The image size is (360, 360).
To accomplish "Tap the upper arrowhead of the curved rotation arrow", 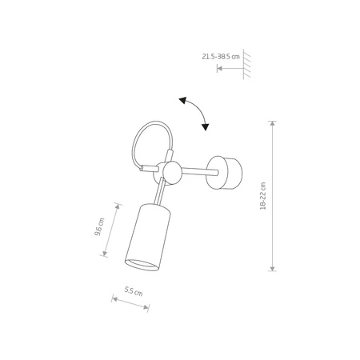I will pos(183,99).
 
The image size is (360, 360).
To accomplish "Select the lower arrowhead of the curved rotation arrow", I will pos(206,126).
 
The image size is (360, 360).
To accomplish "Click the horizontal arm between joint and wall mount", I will pos(196,170).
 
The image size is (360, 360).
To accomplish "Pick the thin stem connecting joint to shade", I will pos(162,192).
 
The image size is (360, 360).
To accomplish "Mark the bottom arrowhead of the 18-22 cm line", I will pos(274,267).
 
